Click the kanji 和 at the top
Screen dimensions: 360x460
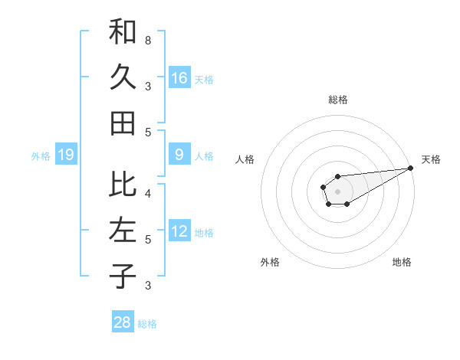point(123,32)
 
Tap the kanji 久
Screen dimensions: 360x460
point(123,77)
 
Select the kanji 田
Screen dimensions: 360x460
point(123,123)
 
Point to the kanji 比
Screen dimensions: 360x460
point(123,184)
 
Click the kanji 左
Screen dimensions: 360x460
point(123,231)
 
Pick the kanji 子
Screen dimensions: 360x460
point(123,276)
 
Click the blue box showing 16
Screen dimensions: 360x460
point(179,77)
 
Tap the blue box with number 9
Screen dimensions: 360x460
point(179,155)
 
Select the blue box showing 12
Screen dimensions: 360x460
point(179,231)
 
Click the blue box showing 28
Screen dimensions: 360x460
point(123,322)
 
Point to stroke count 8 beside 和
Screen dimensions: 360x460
point(147,40)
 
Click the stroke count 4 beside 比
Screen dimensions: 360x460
point(147,193)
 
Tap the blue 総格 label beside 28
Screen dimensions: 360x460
point(147,324)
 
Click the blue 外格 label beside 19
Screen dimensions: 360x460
point(41,156)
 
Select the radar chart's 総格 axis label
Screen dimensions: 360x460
point(337,100)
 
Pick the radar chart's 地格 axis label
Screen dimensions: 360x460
point(402,262)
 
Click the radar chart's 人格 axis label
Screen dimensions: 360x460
point(245,159)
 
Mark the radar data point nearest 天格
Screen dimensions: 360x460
point(410,168)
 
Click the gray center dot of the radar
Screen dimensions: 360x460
point(337,191)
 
